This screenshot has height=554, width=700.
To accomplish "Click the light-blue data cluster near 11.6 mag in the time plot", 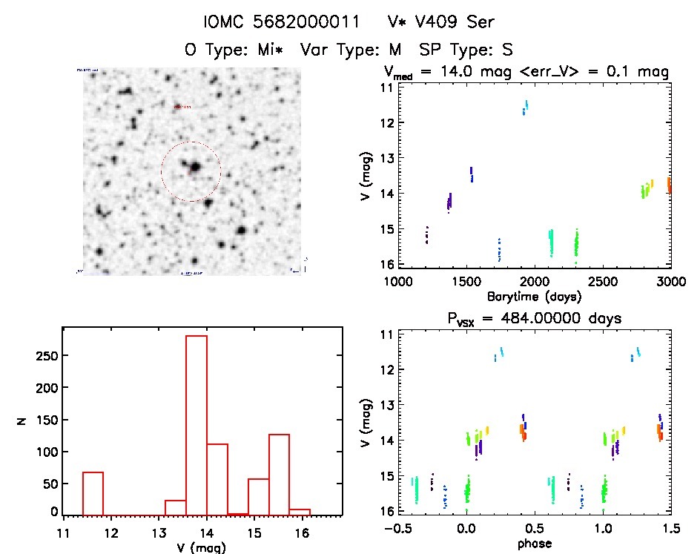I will click(525, 108).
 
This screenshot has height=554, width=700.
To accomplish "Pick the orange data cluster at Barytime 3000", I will click(669, 184).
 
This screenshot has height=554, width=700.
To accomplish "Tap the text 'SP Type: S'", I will click(467, 50).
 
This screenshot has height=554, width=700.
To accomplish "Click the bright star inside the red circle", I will click(195, 168).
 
